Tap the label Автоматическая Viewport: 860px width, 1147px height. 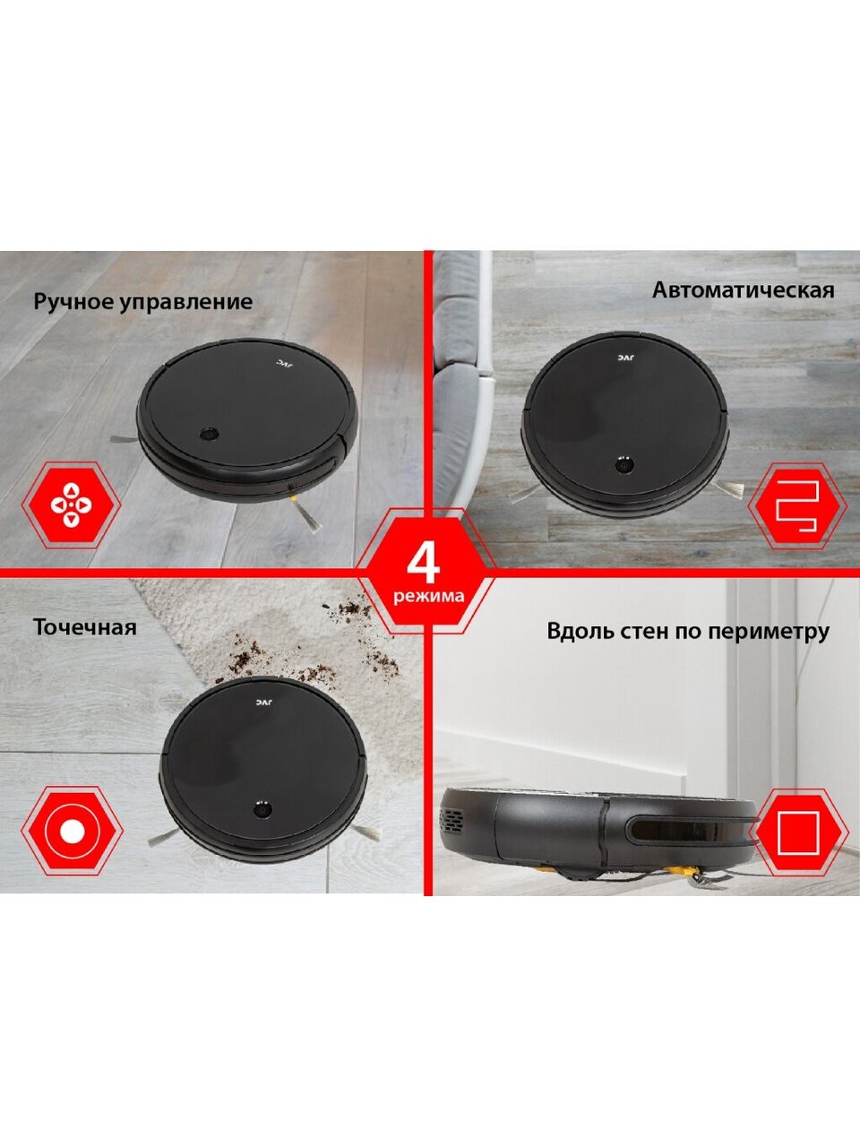point(743,290)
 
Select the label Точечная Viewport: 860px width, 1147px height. point(84,627)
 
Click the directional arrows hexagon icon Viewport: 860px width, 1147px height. point(71,505)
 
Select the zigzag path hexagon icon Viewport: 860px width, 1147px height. point(797,505)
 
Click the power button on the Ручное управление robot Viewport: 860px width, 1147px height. point(210,433)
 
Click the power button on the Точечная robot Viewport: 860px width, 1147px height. point(262,809)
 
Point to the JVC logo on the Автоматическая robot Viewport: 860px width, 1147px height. point(625,358)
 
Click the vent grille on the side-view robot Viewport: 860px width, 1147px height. point(453,823)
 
